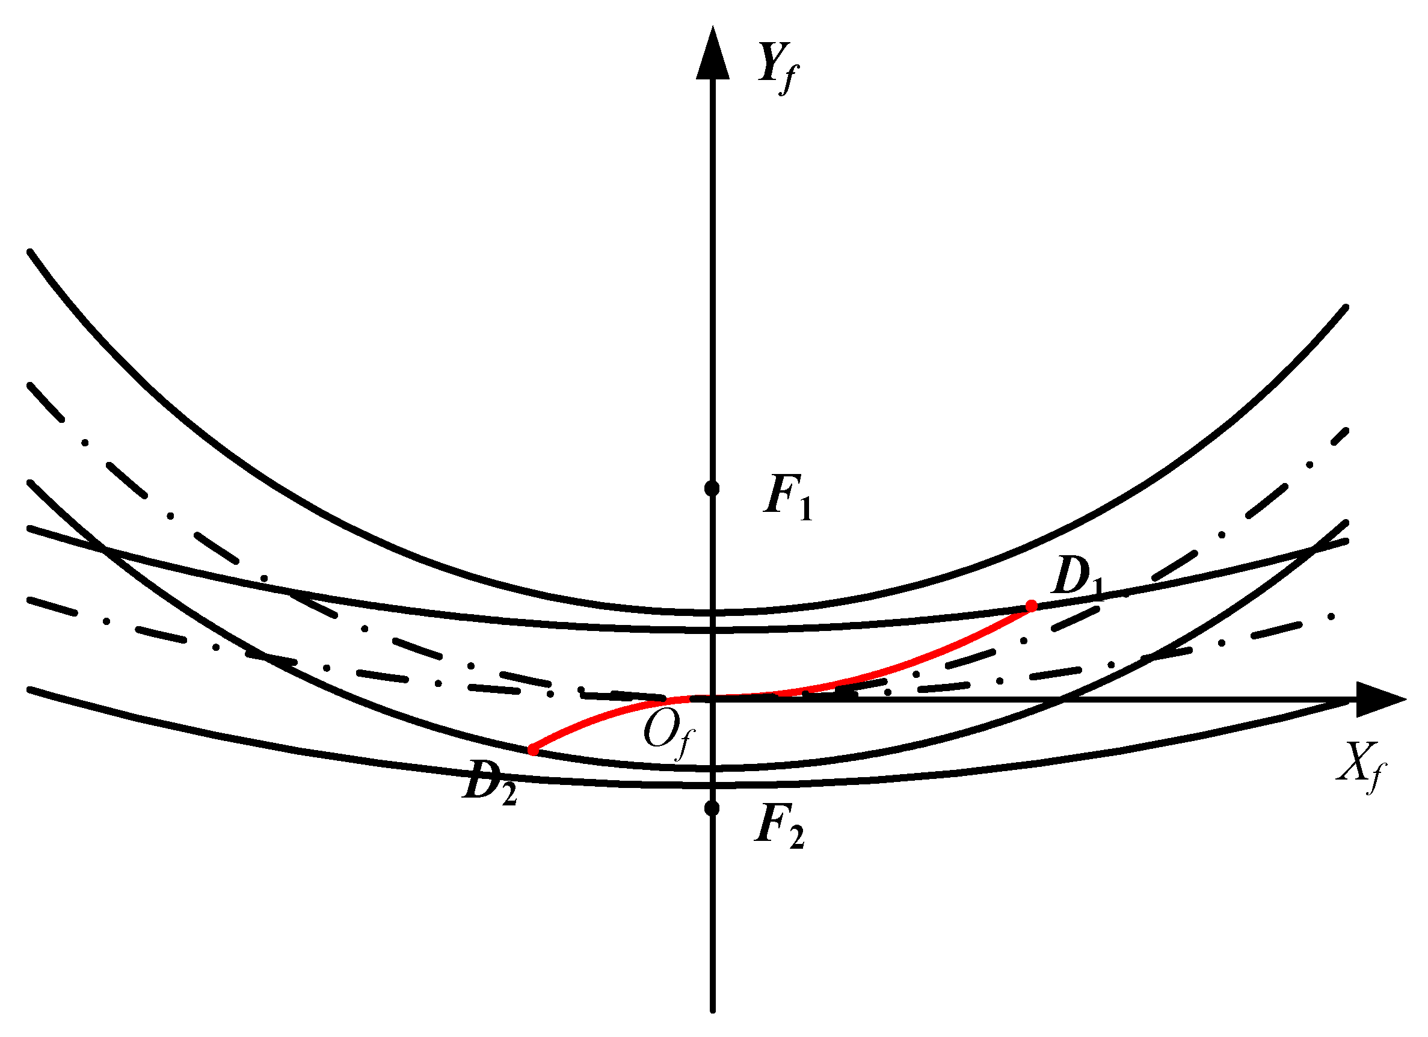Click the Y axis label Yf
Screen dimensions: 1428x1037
tap(778, 67)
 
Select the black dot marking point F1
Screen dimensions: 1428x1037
tap(712, 488)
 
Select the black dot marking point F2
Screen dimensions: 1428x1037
tap(712, 808)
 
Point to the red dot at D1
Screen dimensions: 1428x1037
tap(1032, 606)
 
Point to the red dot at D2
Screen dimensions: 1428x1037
tap(534, 750)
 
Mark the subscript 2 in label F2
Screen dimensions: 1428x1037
tap(796, 838)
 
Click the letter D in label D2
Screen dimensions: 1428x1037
tap(481, 780)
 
